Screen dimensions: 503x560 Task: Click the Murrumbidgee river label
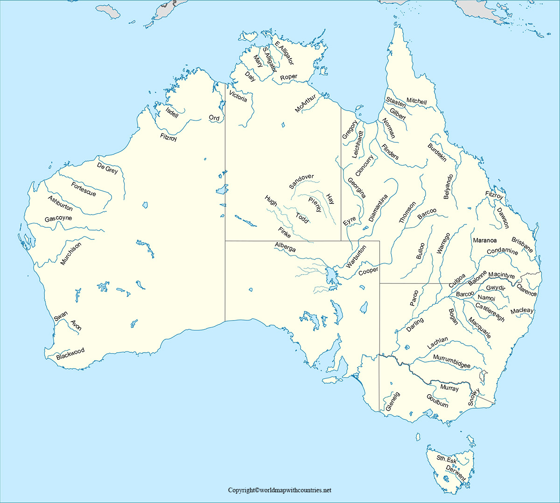[451, 362]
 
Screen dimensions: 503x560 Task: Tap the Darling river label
[415, 324]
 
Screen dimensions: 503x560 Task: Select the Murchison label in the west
[70, 253]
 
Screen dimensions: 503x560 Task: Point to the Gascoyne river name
[58, 218]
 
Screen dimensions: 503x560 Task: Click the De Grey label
[107, 168]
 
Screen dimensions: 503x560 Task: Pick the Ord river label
[214, 118]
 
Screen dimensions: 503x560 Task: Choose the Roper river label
[289, 77]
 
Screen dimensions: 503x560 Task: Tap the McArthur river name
[305, 103]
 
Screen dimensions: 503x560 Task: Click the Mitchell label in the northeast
[416, 101]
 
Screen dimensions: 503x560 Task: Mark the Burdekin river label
[437, 153]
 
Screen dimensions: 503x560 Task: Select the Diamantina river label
[378, 208]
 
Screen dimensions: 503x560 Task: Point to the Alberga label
[285, 247]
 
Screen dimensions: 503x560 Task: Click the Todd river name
[302, 218]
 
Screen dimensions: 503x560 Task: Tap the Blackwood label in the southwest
[70, 354]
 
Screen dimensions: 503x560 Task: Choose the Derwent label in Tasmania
[455, 473]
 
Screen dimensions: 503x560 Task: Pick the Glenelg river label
[392, 402]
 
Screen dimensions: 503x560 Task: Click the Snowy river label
[474, 397]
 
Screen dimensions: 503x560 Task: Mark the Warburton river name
[356, 257]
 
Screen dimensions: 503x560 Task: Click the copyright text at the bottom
[280, 490]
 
